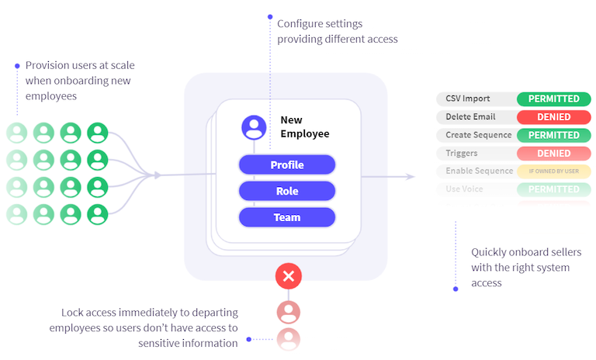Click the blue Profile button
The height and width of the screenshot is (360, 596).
pyautogui.click(x=286, y=165)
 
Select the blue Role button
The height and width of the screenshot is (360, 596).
pyautogui.click(x=286, y=191)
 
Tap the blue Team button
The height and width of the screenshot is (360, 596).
pyautogui.click(x=286, y=217)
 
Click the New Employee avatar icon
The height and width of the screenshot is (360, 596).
pyautogui.click(x=254, y=126)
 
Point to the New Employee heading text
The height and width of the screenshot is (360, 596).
pyautogui.click(x=304, y=127)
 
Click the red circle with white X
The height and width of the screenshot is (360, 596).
pyautogui.click(x=289, y=275)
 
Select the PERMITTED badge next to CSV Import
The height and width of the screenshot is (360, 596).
pyautogui.click(x=553, y=99)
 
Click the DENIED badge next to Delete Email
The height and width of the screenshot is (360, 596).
pyautogui.click(x=553, y=117)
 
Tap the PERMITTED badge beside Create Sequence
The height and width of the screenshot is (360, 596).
pyautogui.click(x=553, y=135)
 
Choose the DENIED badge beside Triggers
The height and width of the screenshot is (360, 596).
pyautogui.click(x=553, y=153)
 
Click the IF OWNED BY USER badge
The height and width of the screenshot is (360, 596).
pyautogui.click(x=553, y=171)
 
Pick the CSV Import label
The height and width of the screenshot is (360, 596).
pyautogui.click(x=468, y=99)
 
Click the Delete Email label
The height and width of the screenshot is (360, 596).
pyautogui.click(x=470, y=117)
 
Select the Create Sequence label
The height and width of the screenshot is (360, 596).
pyautogui.click(x=479, y=135)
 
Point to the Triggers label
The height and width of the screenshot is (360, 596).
pyautogui.click(x=462, y=153)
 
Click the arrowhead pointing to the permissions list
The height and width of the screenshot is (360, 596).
pyautogui.click(x=411, y=177)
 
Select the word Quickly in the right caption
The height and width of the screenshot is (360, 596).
pyautogui.click(x=490, y=252)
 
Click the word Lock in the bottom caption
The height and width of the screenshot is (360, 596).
pyautogui.click(x=72, y=313)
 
